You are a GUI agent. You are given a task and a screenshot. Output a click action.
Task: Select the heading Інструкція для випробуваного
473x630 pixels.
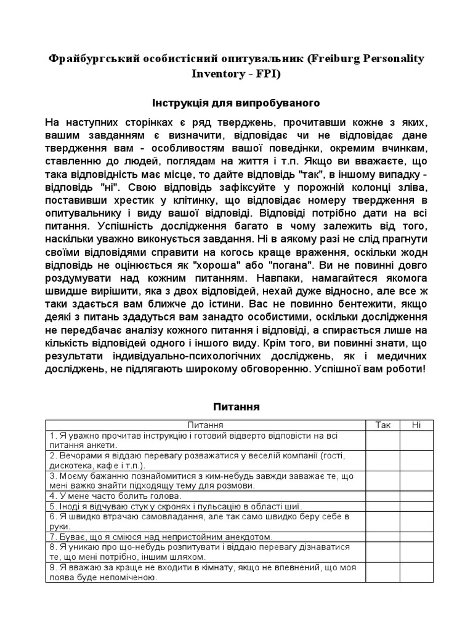point(236,102)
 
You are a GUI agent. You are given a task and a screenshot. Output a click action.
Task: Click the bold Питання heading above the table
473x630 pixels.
point(236,407)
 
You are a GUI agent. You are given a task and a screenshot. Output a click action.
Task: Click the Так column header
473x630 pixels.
point(382,425)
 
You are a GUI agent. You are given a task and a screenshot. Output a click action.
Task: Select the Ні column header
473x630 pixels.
point(417,425)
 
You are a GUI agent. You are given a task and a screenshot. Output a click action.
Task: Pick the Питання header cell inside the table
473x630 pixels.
point(206,425)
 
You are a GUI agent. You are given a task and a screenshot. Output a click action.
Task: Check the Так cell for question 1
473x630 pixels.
point(382,440)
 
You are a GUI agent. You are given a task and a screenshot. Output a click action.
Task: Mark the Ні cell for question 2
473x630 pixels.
point(417,460)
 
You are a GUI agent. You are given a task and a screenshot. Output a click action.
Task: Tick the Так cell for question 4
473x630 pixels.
point(382,496)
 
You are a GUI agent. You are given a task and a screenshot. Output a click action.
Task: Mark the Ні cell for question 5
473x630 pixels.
point(417,506)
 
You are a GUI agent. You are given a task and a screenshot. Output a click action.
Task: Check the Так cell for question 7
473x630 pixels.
point(382,536)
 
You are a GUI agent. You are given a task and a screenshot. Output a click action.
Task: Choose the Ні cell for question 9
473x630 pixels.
point(417,572)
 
